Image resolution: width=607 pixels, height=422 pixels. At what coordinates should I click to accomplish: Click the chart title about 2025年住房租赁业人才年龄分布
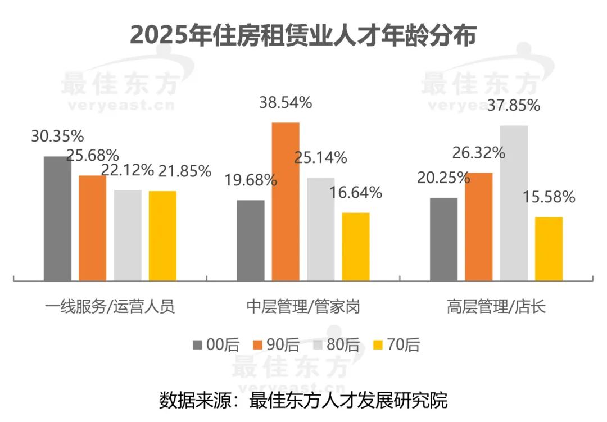[303, 35]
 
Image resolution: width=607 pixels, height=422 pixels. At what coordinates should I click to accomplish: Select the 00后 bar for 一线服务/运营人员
[58, 218]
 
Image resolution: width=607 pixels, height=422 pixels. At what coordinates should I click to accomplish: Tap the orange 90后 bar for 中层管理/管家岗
[286, 201]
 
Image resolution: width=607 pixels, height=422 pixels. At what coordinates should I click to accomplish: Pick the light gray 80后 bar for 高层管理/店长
[514, 202]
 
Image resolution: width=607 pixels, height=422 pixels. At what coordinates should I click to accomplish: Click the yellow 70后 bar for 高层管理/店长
[549, 248]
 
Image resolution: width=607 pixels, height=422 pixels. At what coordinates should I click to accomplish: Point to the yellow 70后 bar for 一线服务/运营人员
[162, 235]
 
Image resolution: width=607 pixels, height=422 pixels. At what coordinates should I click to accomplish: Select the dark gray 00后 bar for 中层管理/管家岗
[251, 240]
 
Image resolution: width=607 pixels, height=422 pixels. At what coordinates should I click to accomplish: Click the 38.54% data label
[286, 103]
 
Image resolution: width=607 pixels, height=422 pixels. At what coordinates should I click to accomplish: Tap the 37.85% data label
[514, 105]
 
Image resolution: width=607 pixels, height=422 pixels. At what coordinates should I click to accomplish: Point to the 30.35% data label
[58, 136]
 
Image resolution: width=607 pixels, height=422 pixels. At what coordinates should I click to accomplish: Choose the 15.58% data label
[549, 197]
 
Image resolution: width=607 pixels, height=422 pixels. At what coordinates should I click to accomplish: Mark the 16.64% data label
[356, 193]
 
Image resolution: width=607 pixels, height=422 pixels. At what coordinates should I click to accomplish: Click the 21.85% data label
[185, 170]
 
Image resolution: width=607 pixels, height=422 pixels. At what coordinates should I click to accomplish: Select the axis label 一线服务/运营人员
[110, 307]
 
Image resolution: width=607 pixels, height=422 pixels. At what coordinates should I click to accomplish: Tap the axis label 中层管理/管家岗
[303, 307]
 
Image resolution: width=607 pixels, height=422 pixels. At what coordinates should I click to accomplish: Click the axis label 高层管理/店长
[496, 307]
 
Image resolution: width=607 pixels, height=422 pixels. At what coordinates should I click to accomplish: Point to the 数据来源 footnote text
[303, 401]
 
